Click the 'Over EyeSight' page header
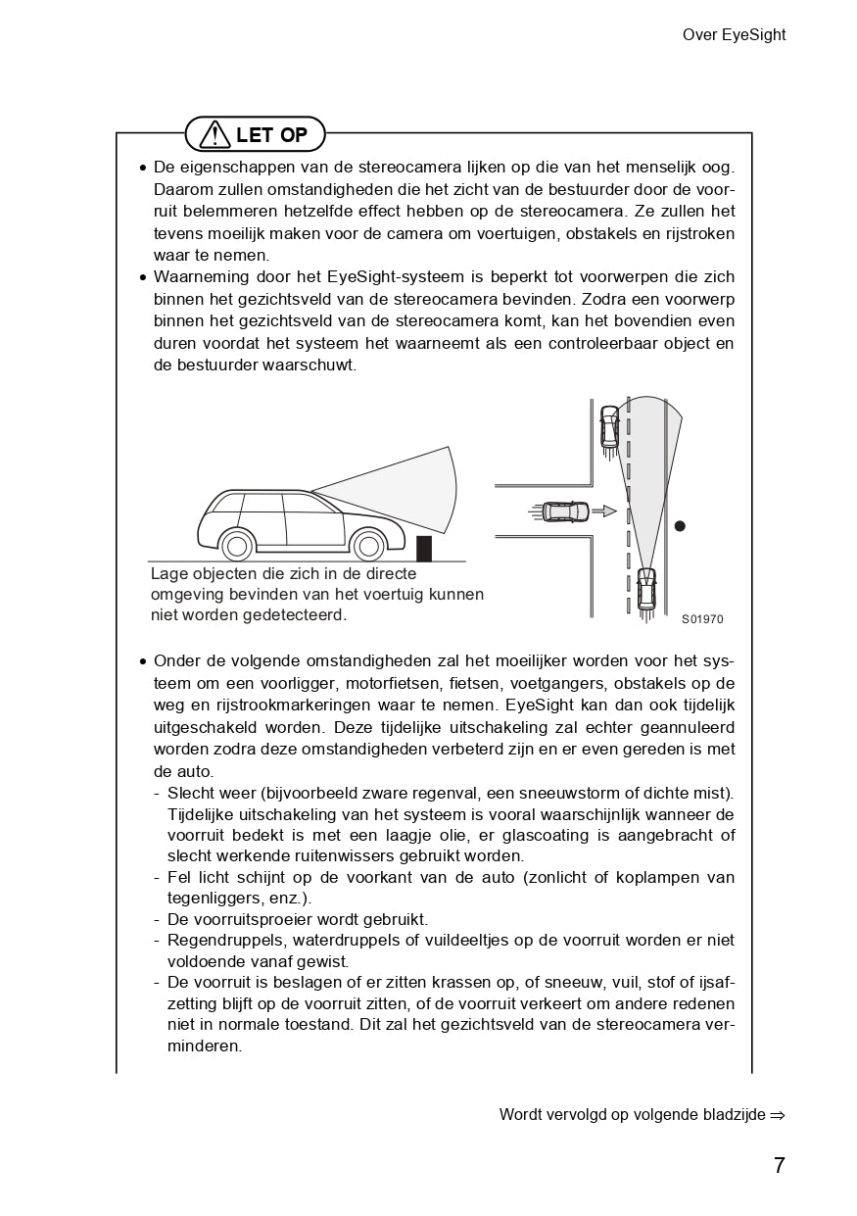[x=734, y=35]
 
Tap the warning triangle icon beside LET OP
[x=214, y=134]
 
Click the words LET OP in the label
[x=271, y=134]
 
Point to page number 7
[x=779, y=1165]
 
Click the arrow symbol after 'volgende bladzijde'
[x=778, y=1115]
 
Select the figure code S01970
[x=702, y=619]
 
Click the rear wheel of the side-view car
[x=236, y=545]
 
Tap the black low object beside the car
[x=424, y=549]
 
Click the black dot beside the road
[x=680, y=526]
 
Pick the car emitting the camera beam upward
[x=646, y=588]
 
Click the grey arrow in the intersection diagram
[x=608, y=511]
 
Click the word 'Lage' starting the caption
[x=168, y=574]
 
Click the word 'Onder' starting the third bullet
[x=175, y=660]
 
